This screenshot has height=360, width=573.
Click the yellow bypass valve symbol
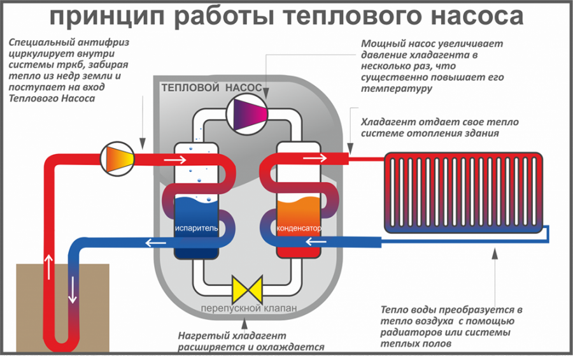246,290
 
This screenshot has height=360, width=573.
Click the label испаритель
196,228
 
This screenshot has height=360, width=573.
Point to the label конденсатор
298,228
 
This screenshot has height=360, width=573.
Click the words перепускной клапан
248,309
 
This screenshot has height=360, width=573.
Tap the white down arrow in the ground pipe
73,292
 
